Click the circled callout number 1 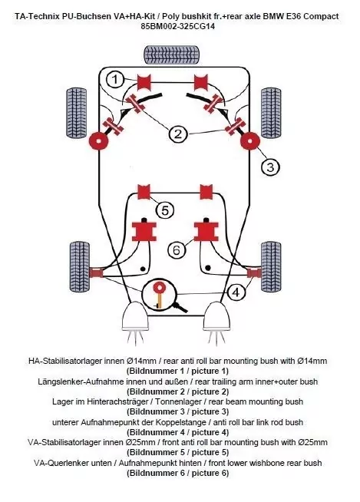point(114,78)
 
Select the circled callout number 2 point(178,134)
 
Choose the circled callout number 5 point(164,209)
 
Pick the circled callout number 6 point(176,249)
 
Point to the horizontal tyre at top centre point(173,54)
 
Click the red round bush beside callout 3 point(249,142)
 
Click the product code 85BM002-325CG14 point(180,26)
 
